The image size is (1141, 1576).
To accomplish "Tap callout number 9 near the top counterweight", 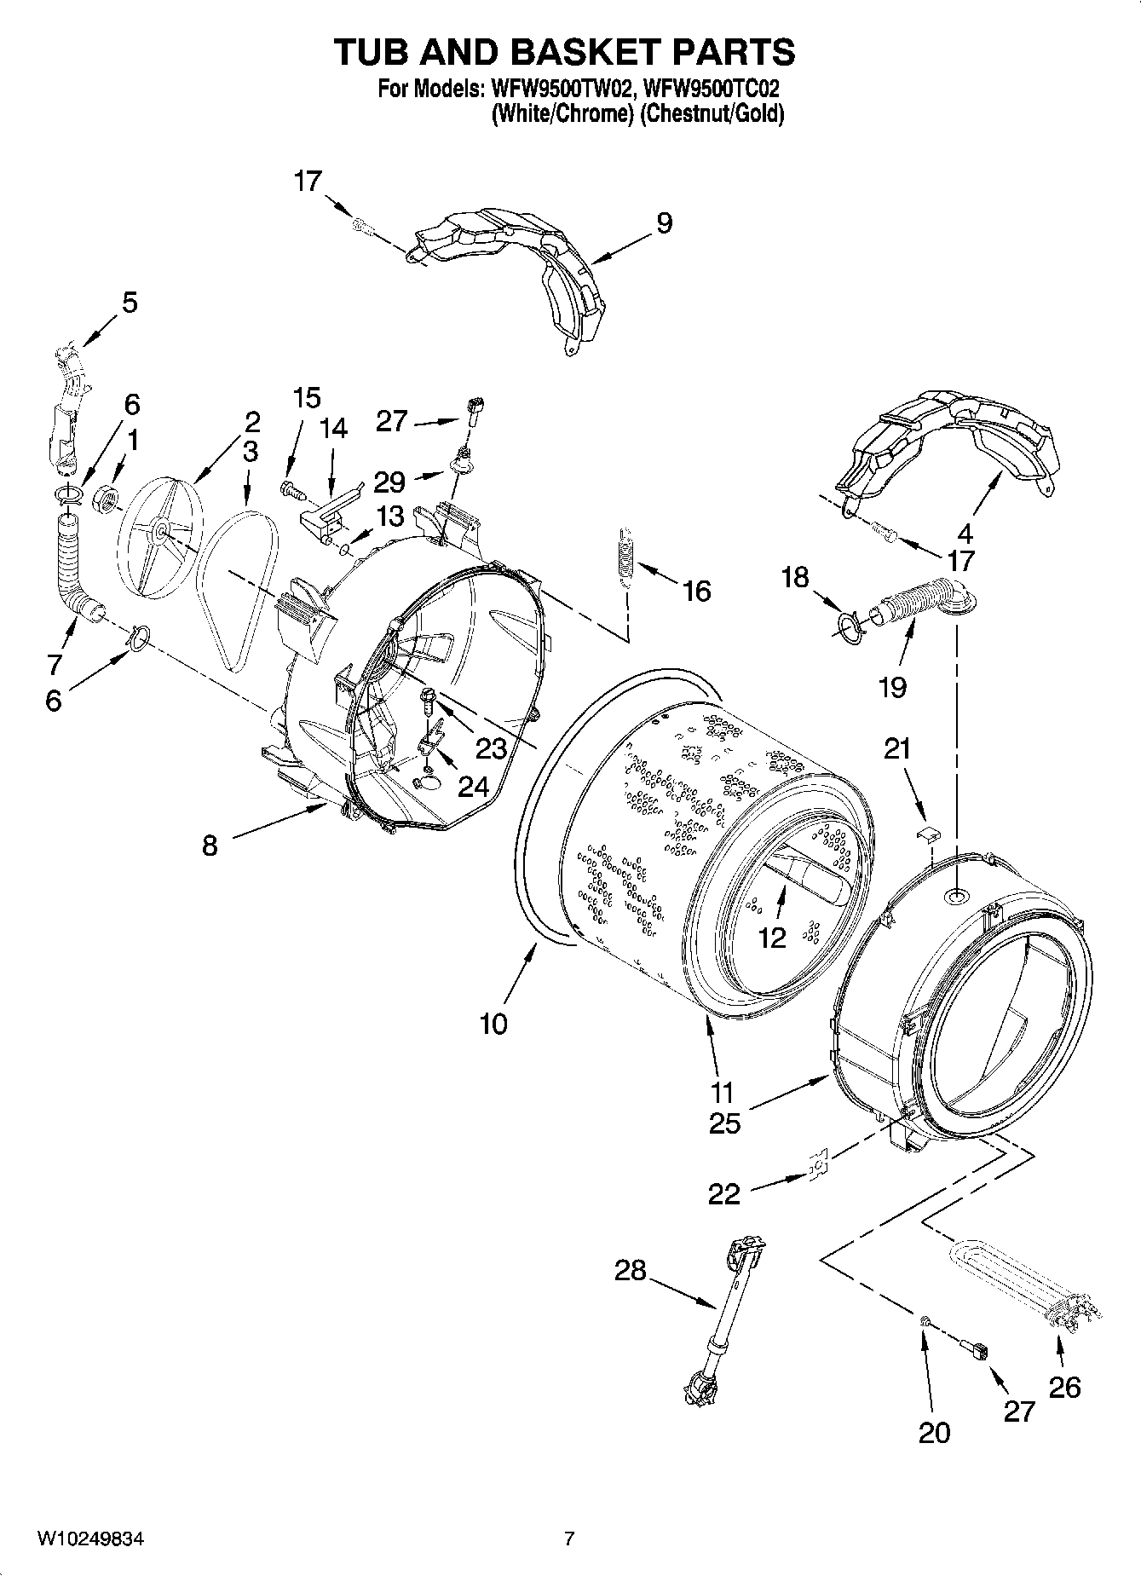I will pyautogui.click(x=665, y=223).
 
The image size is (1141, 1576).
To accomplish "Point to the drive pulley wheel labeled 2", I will pyautogui.click(x=158, y=534).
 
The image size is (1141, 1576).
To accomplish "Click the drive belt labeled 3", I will pyautogui.click(x=237, y=588).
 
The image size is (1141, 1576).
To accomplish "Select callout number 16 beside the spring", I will pyautogui.click(x=697, y=591).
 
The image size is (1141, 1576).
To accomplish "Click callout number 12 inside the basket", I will pyautogui.click(x=771, y=938).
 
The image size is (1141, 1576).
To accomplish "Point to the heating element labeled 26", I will pyautogui.click(x=1023, y=1291).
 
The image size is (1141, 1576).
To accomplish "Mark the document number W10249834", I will pyautogui.click(x=89, y=1539).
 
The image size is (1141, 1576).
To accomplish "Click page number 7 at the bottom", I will pyautogui.click(x=569, y=1539).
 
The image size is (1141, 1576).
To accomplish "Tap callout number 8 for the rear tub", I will pyautogui.click(x=210, y=845).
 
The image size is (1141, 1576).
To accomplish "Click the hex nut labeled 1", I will pyautogui.click(x=105, y=494).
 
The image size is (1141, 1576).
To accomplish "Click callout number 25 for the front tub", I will pyautogui.click(x=724, y=1123).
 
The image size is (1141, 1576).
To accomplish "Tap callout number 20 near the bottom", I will pyautogui.click(x=934, y=1433).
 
